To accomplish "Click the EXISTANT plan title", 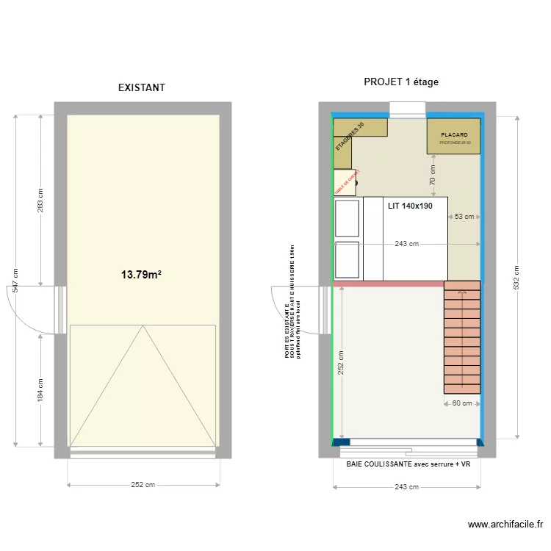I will [142, 87].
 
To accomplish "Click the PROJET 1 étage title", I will [401, 82].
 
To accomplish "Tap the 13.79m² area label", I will [141, 275].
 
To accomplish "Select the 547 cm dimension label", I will [14, 281].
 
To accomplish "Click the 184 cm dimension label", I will [40, 389].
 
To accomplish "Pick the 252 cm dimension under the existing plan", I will [143, 485].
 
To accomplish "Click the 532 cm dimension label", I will [516, 276].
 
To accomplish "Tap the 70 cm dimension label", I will [433, 175].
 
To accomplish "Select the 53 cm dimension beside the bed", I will [464, 217].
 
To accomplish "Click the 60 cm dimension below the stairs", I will [462, 403].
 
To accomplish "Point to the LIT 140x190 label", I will [410, 206].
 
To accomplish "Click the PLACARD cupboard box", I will [454, 137].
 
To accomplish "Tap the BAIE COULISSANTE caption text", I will [408, 464].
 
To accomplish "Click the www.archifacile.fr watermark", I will [505, 525].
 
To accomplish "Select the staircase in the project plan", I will [462, 338].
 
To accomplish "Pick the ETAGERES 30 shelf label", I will [350, 137].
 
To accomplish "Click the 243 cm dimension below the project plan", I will [406, 486].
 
